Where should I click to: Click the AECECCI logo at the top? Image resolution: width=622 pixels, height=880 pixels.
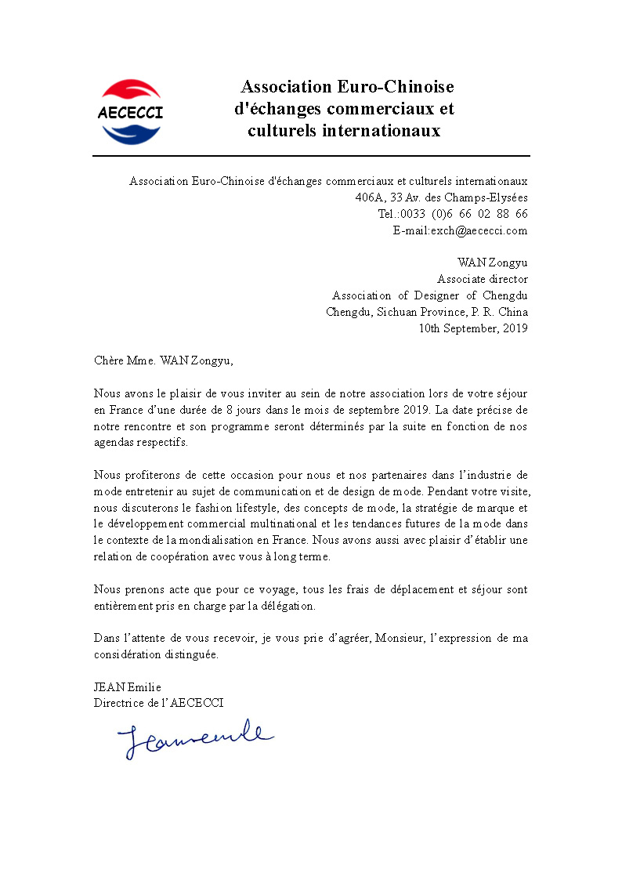pyautogui.click(x=131, y=112)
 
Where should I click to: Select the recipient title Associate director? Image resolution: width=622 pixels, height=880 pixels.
pyautogui.click(x=482, y=279)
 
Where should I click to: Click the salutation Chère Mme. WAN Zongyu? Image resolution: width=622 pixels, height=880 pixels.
pyautogui.click(x=163, y=361)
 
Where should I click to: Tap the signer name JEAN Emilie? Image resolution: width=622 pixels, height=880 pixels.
pyautogui.click(x=127, y=687)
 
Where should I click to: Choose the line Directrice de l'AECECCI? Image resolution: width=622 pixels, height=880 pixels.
pyautogui.click(x=158, y=703)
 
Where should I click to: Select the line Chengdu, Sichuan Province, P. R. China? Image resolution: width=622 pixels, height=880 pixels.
pyautogui.click(x=426, y=312)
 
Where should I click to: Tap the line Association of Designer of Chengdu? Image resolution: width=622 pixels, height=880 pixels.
pyautogui.click(x=429, y=295)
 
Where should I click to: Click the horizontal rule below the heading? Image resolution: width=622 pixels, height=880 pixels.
pyautogui.click(x=311, y=156)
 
